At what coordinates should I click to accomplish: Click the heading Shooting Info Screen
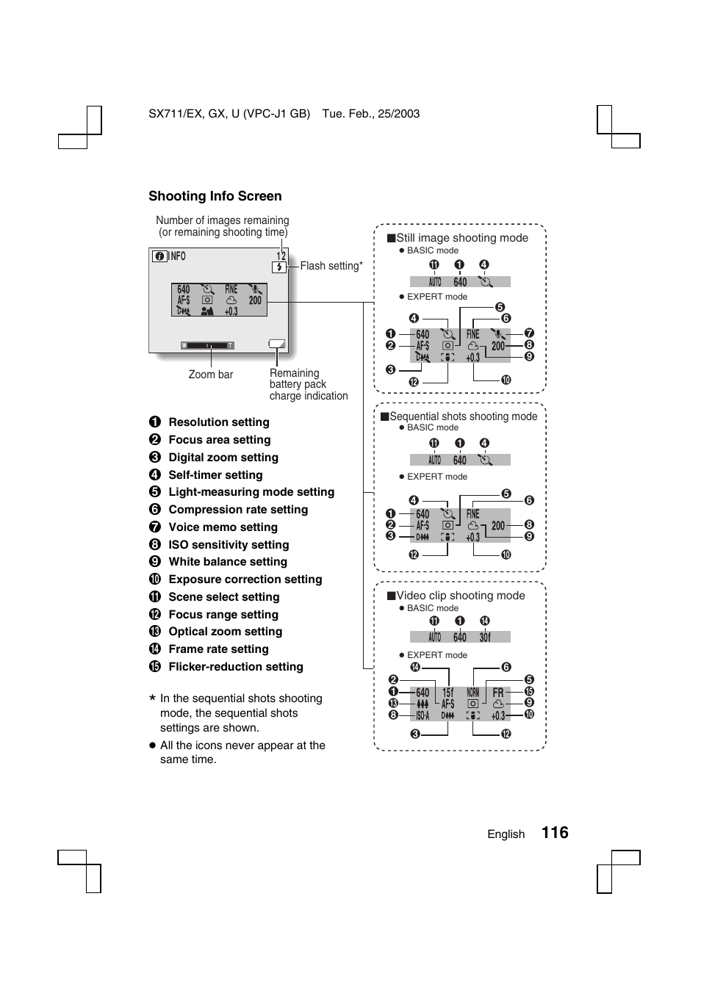click(215, 196)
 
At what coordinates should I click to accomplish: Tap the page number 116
click(555, 832)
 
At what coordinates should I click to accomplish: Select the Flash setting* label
click(331, 266)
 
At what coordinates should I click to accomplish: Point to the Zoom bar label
click(211, 375)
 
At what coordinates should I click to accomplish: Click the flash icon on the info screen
click(279, 267)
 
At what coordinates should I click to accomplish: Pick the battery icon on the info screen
click(277, 343)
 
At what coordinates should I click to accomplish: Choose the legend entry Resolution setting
click(218, 422)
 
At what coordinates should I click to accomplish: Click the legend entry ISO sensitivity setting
click(229, 545)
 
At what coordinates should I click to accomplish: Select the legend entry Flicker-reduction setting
click(235, 667)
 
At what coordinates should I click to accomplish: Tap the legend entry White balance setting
click(228, 562)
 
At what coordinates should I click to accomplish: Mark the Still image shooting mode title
click(462, 238)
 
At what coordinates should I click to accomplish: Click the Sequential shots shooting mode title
click(463, 416)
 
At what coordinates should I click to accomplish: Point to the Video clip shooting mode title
click(461, 596)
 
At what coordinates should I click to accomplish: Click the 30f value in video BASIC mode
click(485, 638)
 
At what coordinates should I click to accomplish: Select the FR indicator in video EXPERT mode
click(498, 693)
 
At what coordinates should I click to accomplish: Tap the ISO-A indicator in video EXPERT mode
click(423, 715)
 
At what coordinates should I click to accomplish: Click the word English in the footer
click(506, 834)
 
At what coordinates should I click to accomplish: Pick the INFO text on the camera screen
click(178, 256)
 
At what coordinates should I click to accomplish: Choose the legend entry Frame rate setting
click(218, 649)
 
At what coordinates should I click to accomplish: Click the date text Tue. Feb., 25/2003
click(371, 114)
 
